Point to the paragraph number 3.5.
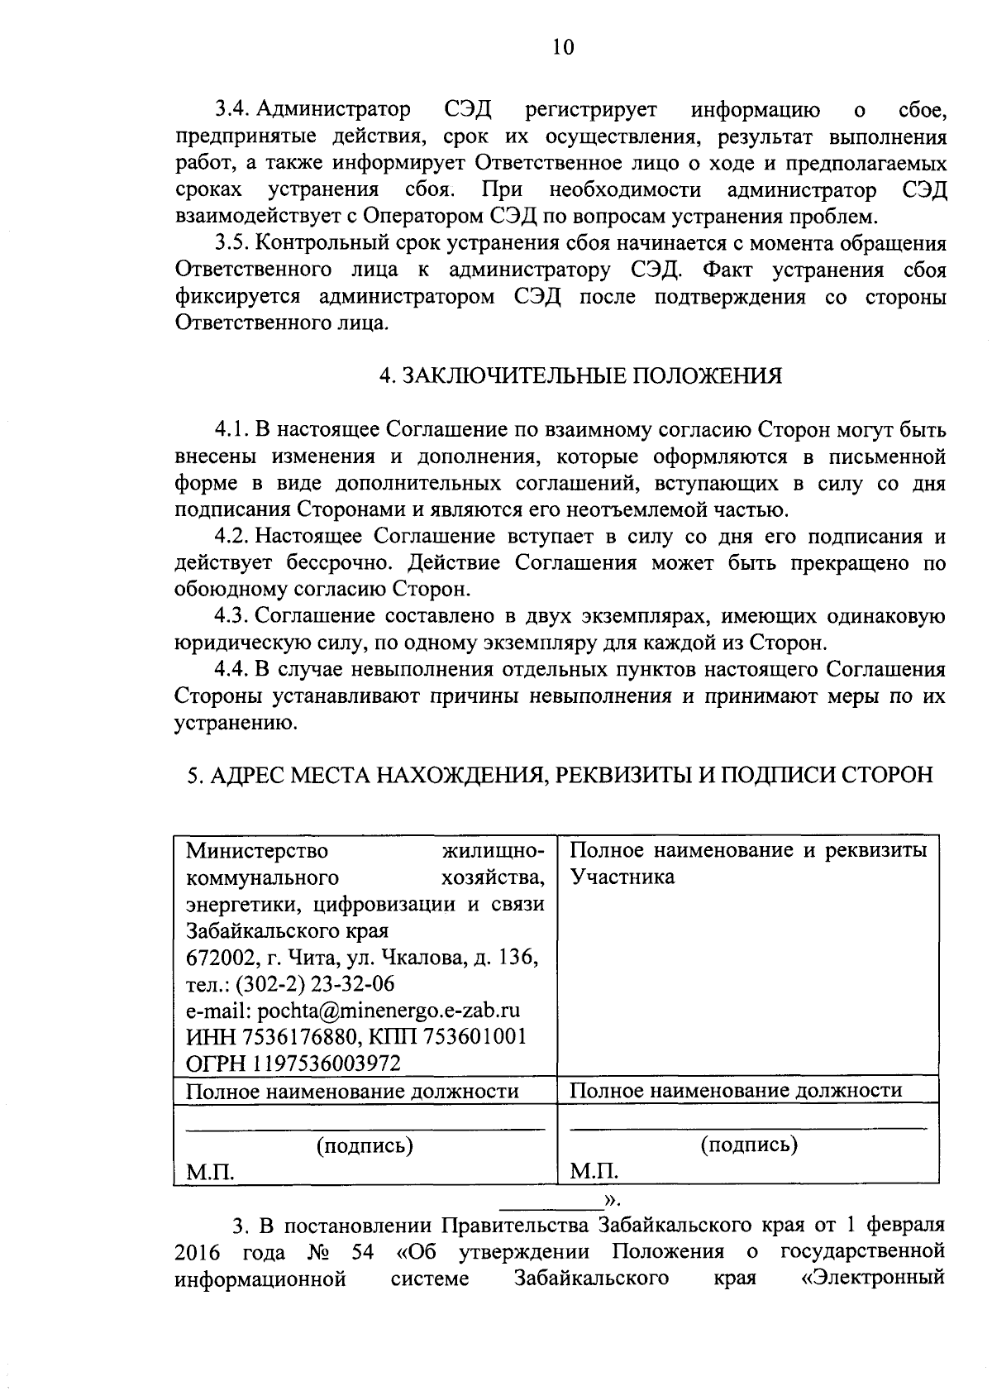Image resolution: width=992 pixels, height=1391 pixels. (234, 244)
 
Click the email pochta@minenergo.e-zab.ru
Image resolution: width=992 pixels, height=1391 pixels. (389, 1011)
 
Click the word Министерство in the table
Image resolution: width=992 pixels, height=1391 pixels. (257, 851)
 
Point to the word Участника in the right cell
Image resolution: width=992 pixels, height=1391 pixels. (622, 877)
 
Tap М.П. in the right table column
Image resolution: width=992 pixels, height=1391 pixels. (594, 1172)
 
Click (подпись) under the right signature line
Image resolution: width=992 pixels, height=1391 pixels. (749, 1145)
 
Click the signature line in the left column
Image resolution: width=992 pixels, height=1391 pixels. (365, 1129)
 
